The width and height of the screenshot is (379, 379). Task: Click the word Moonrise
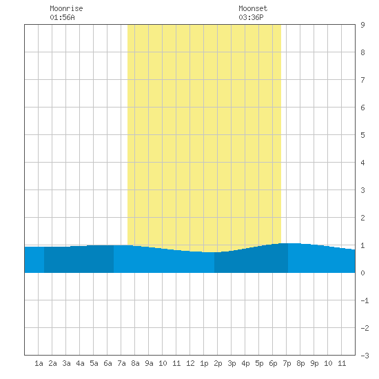[66, 8]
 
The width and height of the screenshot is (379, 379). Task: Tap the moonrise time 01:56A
[62, 17]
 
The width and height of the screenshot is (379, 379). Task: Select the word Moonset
[253, 8]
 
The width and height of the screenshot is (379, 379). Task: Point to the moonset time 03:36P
[251, 17]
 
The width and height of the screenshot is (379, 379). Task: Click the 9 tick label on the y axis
[362, 25]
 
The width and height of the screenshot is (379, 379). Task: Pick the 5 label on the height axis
[362, 135]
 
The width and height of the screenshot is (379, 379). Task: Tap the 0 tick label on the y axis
[362, 273]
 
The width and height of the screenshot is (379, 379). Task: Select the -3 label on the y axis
[365, 356]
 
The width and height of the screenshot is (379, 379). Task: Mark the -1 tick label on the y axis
[365, 300]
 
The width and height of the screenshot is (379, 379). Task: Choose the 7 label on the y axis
[362, 80]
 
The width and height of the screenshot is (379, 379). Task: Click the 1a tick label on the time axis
[39, 363]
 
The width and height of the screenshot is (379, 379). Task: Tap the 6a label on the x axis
[107, 363]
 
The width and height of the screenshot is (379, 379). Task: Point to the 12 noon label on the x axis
[190, 363]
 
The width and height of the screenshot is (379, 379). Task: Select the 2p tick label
[218, 363]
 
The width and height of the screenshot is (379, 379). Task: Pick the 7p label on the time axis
[287, 363]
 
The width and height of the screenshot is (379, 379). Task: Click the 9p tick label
[314, 363]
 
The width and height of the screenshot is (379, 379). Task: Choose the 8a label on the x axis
[135, 363]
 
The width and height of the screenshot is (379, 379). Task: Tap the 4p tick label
[245, 363]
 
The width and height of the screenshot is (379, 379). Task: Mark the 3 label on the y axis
[362, 190]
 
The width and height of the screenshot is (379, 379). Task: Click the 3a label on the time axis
[66, 363]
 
